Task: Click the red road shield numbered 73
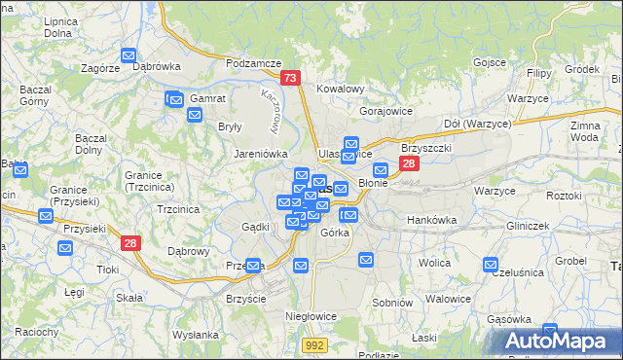(289, 79)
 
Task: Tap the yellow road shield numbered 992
(312, 344)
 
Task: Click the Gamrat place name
(208, 99)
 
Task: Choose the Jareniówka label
(261, 154)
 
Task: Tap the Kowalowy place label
(340, 89)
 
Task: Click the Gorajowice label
(387, 111)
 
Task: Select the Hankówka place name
(431, 220)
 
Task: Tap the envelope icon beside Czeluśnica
(491, 265)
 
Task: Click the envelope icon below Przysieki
(65, 248)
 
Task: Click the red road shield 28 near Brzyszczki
(409, 164)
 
